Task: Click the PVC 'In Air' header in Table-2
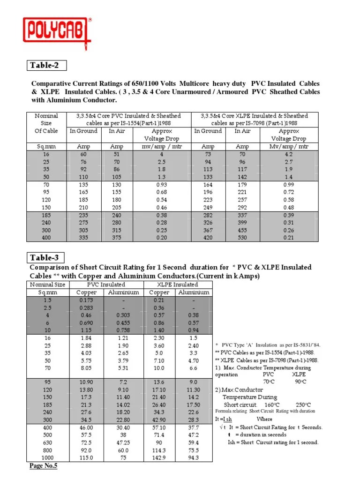[117, 131]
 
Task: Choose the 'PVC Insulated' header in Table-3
[106, 285]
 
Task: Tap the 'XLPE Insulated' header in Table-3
[177, 285]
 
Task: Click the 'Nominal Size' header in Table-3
[48, 285]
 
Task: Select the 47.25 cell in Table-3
[124, 442]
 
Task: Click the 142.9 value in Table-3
[159, 457]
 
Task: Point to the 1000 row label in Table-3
[48, 457]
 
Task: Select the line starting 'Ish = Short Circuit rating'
[273, 442]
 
